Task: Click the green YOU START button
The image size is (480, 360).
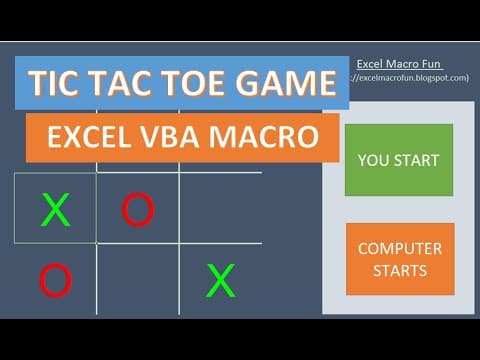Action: [398, 160]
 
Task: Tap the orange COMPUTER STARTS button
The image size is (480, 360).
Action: [398, 259]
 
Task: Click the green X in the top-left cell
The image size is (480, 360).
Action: [56, 210]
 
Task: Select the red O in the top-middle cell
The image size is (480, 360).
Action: [138, 209]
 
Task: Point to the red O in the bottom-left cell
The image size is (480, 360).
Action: [55, 281]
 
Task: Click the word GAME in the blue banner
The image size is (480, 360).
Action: [286, 85]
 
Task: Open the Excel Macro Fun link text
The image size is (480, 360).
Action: [399, 64]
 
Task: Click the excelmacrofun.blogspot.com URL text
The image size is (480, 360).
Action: [412, 77]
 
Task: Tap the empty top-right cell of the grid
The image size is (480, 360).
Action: [220, 209]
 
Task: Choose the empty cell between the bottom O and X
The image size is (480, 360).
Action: [138, 281]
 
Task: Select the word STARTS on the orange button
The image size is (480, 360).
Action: [398, 270]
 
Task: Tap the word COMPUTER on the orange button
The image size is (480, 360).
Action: [398, 248]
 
